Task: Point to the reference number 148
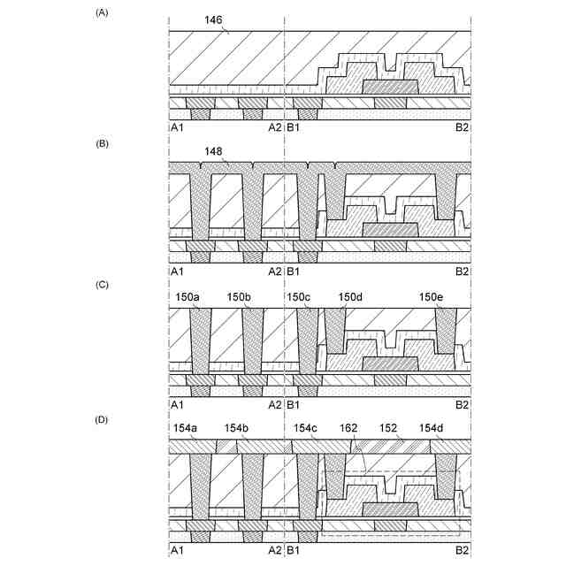213,151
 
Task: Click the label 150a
189,297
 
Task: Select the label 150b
241,297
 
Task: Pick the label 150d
351,297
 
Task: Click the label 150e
431,297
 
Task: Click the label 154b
237,429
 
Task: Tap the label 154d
432,429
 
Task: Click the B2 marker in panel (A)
462,129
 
